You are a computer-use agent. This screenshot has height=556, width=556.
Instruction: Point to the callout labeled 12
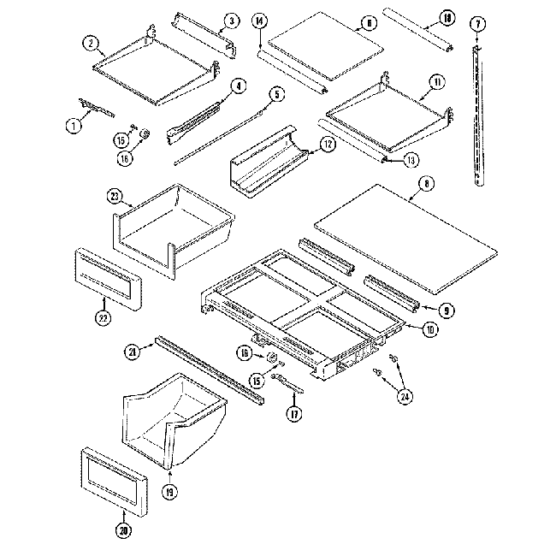[x=328, y=145]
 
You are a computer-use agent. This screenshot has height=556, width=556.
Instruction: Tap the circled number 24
[x=404, y=395]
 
